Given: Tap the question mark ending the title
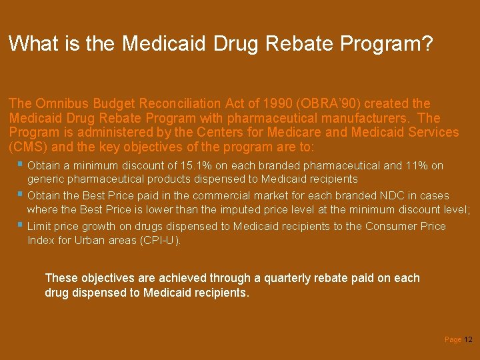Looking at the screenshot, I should pos(427,44).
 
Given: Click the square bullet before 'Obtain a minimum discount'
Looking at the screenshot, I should pos(21,164).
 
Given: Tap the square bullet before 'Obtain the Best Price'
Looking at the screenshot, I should pos(21,195).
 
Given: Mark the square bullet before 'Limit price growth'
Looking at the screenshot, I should pos(21,225).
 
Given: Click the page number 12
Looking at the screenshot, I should pos(468,340).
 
